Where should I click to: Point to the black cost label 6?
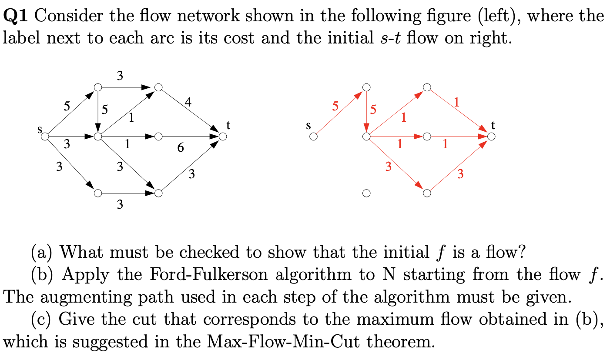[x=181, y=148]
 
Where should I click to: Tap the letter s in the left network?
[x=40, y=129]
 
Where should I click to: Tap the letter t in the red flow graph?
[x=493, y=125]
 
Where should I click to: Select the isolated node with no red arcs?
[x=366, y=192]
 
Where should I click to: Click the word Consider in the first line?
[x=68, y=16]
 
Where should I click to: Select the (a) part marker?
[x=43, y=252]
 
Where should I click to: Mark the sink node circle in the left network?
[x=223, y=137]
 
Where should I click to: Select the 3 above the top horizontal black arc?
[x=120, y=76]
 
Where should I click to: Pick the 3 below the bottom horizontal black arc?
[x=120, y=204]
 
